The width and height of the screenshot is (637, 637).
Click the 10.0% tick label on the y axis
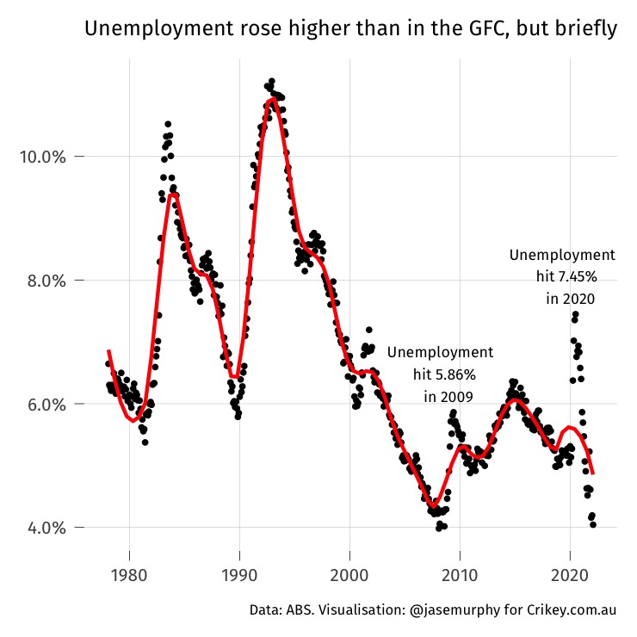pos(42,157)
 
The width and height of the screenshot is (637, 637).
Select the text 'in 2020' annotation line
pos(571,298)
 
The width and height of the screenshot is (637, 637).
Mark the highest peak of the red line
pos(272,99)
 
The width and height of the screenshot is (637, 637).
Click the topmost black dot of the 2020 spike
pos(574,315)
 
